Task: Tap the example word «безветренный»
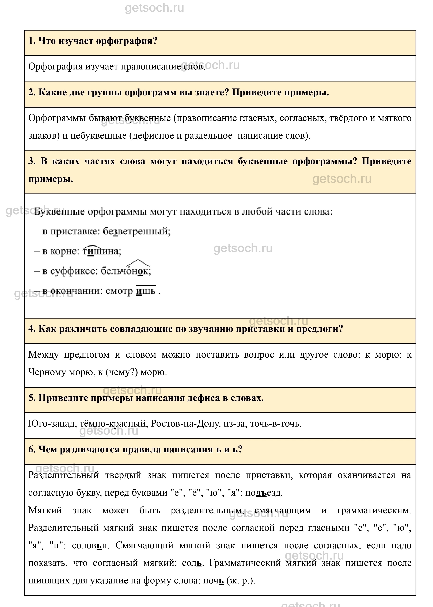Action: pyautogui.click(x=136, y=231)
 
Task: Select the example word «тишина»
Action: pyautogui.click(x=102, y=251)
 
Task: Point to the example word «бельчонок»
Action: pyautogui.click(x=126, y=271)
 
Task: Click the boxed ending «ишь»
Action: pyautogui.click(x=146, y=291)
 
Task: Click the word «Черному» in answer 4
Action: pyautogui.click(x=47, y=372)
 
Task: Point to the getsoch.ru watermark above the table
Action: pyautogui.click(x=154, y=8)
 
